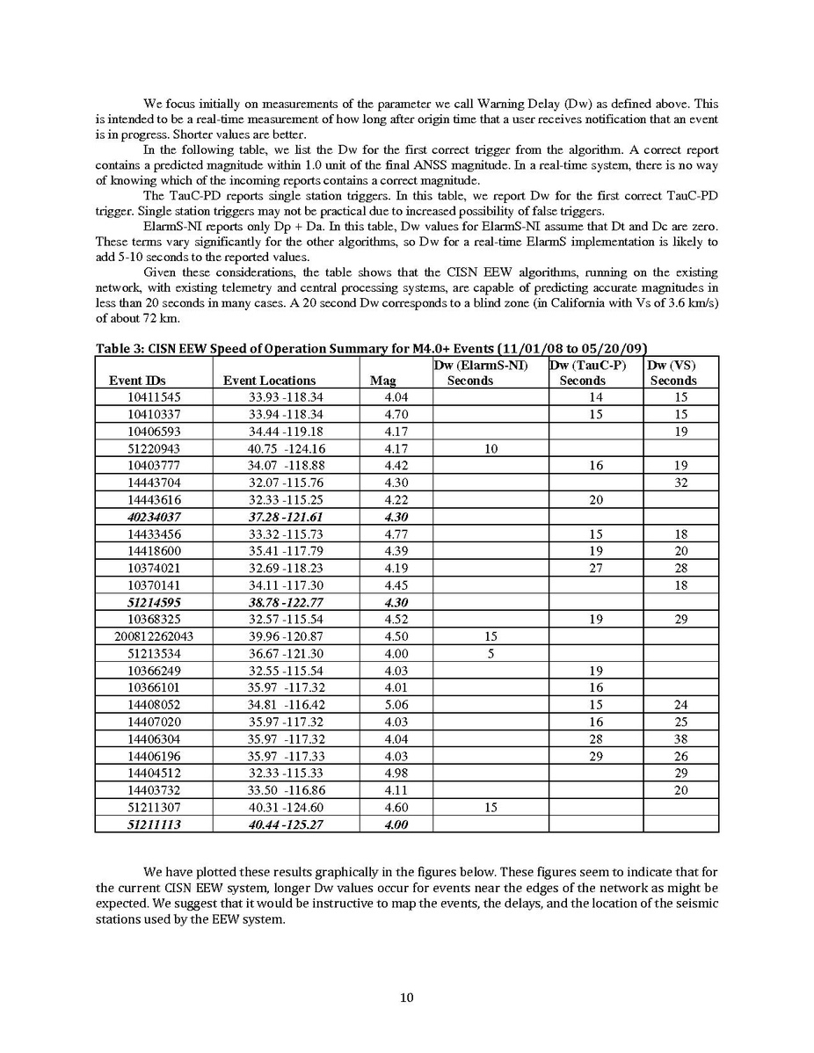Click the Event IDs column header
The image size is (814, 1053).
point(133,381)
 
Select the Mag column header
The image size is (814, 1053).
point(383,381)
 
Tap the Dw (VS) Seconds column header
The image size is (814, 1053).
point(672,373)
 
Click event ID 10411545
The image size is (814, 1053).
point(154,397)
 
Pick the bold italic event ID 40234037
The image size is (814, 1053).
point(154,517)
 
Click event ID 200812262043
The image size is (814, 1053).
point(154,635)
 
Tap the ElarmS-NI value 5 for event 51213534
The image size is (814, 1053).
point(491,653)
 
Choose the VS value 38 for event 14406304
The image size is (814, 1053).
point(680,738)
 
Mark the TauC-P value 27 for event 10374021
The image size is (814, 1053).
point(596,568)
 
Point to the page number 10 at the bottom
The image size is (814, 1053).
point(407,997)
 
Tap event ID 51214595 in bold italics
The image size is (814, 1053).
point(154,602)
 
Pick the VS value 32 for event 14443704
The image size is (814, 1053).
point(680,483)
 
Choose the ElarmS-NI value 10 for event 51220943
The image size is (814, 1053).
point(491,448)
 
